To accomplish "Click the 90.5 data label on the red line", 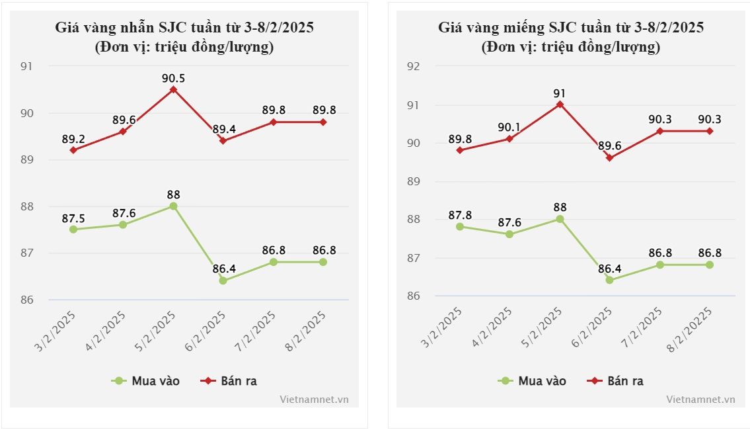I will [173, 78].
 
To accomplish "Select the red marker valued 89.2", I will [73, 150].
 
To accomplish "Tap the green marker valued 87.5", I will [73, 230].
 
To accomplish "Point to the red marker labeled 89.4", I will [223, 141].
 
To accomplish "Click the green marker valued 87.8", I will [459, 226].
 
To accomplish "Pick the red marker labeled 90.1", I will [509, 139].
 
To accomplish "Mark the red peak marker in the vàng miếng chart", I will [559, 104].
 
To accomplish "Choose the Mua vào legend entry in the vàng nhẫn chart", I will [147, 381].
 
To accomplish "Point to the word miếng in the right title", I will [525, 28].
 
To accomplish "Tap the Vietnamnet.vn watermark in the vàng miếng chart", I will [700, 400].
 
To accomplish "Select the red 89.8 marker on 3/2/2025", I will [459, 150].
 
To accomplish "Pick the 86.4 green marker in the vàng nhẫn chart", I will [223, 280].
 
